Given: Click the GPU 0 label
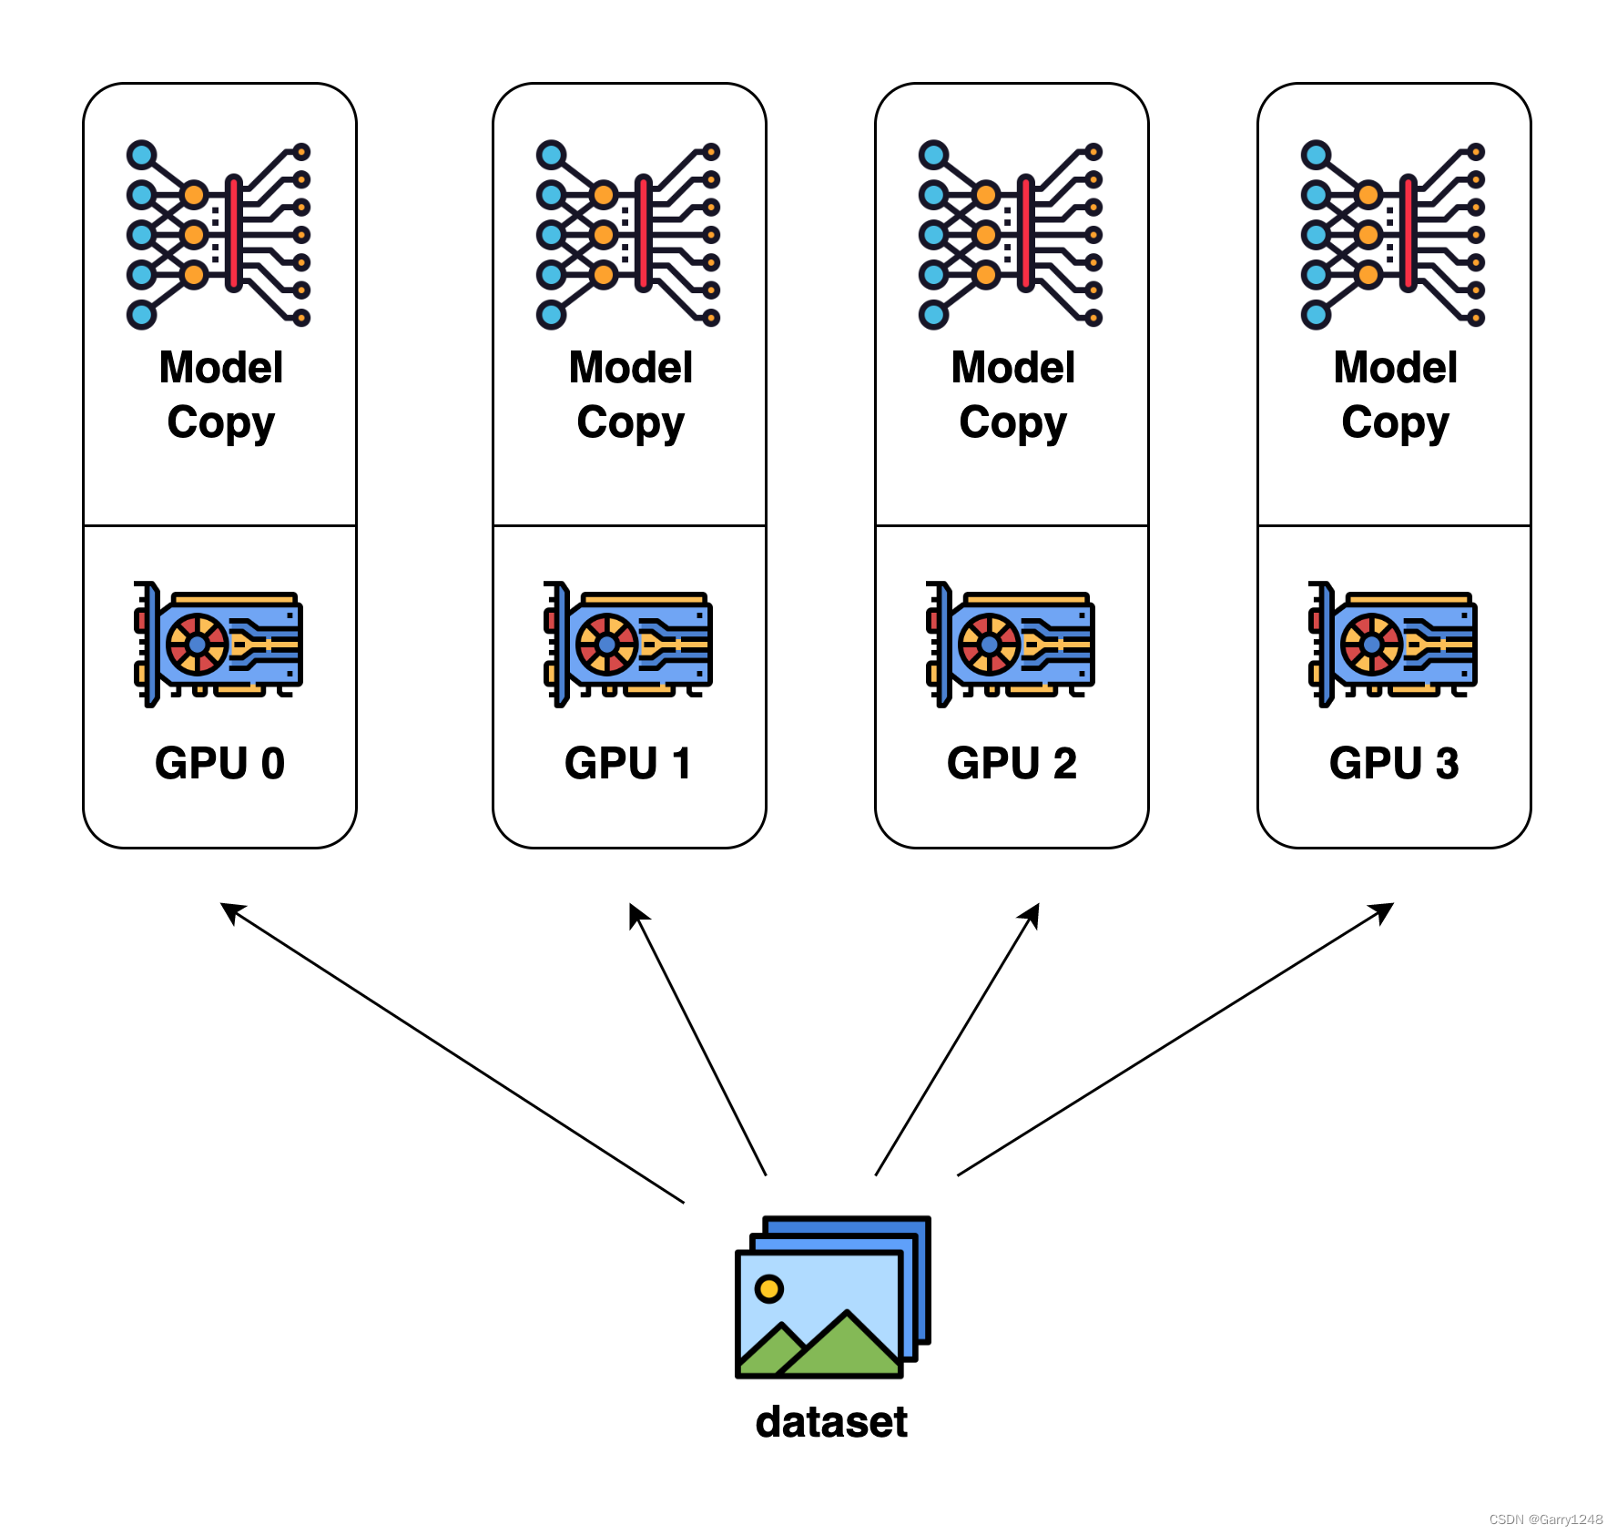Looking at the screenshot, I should pyautogui.click(x=219, y=763).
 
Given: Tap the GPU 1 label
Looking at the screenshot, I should pyautogui.click(x=628, y=763).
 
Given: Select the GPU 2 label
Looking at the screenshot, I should pyautogui.click(x=1012, y=763).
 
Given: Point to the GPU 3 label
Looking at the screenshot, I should pyautogui.click(x=1394, y=763).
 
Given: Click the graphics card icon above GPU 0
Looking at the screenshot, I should pyautogui.click(x=219, y=644).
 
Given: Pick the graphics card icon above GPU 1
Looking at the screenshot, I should pyautogui.click(x=628, y=644).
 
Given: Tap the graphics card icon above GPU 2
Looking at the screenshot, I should pyautogui.click(x=1011, y=644).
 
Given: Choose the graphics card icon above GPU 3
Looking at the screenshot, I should pyautogui.click(x=1393, y=644).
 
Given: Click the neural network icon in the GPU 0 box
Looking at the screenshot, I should pyautogui.click(x=219, y=235).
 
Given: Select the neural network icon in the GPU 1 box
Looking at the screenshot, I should pyautogui.click(x=628, y=235).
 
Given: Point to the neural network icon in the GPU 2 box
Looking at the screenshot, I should pyautogui.click(x=1011, y=235).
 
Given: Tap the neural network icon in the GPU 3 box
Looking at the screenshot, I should pyautogui.click(x=1393, y=235).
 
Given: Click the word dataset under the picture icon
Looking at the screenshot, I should pyautogui.click(x=831, y=1422).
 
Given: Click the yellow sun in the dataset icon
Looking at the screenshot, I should pyautogui.click(x=769, y=1288).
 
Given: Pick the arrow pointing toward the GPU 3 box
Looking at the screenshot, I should pyautogui.click(x=1175, y=1040).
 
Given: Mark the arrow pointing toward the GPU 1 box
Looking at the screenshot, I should pyautogui.click(x=697, y=1040).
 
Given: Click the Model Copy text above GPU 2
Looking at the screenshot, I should pyautogui.click(x=1012, y=395).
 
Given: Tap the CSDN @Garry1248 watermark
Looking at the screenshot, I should pyautogui.click(x=1545, y=1520).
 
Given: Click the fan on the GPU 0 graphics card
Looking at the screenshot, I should pyautogui.click(x=198, y=645).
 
